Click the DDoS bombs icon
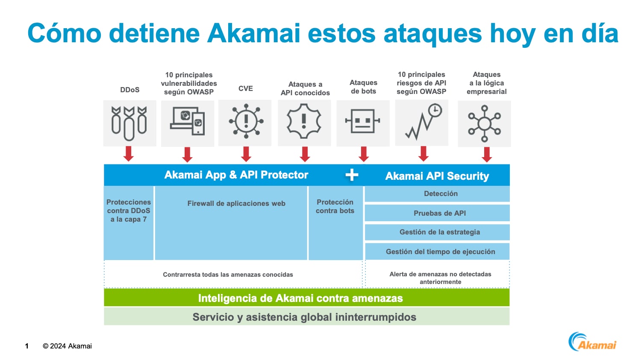129,123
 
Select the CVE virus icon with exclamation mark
246,121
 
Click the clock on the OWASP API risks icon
435,110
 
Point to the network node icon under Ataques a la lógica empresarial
484,123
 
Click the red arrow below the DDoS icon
129,154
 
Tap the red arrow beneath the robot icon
364,154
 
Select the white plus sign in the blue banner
352,175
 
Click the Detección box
441,194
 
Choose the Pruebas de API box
440,213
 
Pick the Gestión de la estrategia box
440,232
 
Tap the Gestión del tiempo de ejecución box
440,252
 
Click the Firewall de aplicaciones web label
236,204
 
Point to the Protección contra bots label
335,206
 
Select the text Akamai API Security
437,176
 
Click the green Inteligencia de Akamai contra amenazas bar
300,298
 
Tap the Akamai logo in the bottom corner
593,342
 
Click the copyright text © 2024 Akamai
67,346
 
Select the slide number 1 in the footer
27,346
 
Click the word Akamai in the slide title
254,33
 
